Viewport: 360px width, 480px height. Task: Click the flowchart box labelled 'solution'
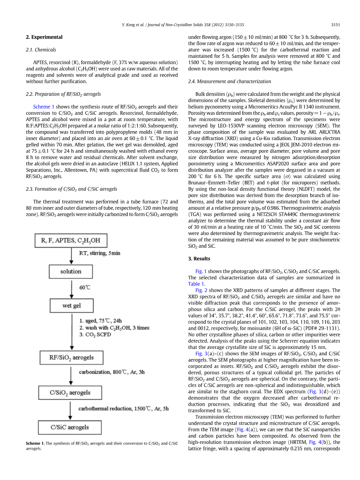point(71,272)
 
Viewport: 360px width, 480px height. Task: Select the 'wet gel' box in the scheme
point(72,306)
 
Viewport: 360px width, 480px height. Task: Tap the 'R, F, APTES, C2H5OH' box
point(71,241)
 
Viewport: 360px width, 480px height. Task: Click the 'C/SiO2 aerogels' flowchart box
point(70,392)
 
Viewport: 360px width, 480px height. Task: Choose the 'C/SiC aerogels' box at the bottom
point(70,427)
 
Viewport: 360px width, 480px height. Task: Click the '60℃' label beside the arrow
point(85,288)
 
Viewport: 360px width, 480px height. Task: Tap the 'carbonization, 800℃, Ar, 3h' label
point(112,372)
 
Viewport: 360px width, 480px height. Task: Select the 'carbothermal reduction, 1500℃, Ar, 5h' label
point(124,409)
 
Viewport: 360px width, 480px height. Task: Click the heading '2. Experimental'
point(44,37)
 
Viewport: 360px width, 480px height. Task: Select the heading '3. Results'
point(199,259)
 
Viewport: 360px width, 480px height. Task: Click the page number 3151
point(335,25)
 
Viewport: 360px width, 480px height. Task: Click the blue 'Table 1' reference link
point(196,284)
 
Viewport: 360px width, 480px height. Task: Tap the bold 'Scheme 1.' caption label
point(35,443)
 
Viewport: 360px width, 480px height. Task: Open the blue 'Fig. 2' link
point(201,290)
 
